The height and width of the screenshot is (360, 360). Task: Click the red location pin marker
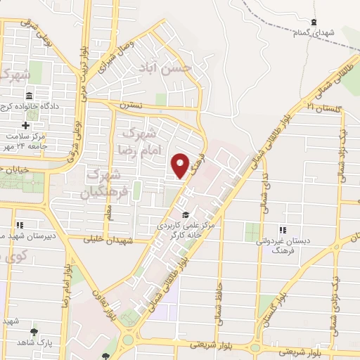coord(181,165)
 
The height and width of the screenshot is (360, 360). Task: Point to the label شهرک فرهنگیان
coord(105,182)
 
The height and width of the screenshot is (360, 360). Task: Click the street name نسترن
coord(130,104)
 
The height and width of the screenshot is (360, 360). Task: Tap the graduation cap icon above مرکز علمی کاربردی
coord(185,214)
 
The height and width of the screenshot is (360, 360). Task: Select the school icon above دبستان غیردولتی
coord(283,229)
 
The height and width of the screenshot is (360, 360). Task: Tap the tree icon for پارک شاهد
coord(33,331)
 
